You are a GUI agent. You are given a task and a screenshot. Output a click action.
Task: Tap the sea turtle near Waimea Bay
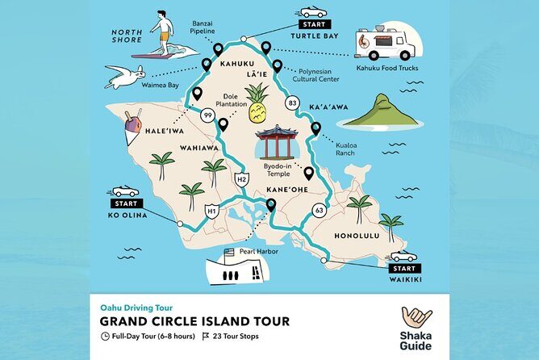tap(124, 77)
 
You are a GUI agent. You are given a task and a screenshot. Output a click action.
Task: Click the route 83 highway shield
tap(292, 103)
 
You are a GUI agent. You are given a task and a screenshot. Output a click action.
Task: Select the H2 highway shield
tap(240, 178)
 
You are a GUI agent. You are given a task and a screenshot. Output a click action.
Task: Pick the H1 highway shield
tap(212, 211)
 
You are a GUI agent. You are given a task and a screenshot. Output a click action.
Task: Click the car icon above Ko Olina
tap(124, 191)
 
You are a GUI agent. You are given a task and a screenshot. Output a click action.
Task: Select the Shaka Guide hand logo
tap(416, 318)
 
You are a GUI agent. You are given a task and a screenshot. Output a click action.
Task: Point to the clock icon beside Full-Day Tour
tap(105, 336)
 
